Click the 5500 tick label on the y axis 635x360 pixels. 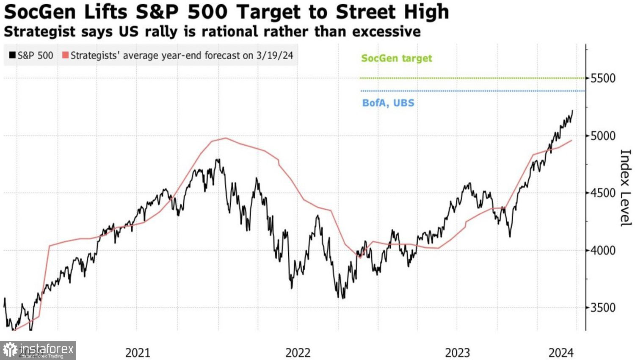[x=603, y=78]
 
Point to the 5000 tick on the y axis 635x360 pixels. [x=603, y=136]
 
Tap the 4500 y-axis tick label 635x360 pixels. [x=603, y=193]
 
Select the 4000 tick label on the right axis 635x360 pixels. [x=603, y=250]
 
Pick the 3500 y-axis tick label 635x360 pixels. [x=603, y=308]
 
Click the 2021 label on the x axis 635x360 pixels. [x=138, y=352]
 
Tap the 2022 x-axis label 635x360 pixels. [x=298, y=352]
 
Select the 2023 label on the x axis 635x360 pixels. [x=457, y=352]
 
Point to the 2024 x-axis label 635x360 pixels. [x=561, y=352]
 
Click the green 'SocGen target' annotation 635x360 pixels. [x=396, y=58]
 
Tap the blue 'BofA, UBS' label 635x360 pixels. [x=388, y=103]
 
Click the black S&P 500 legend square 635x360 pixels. [x=12, y=55]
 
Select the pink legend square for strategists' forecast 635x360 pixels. [x=65, y=55]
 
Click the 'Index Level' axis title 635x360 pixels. [x=625, y=188]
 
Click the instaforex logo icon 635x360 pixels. [x=10, y=350]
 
